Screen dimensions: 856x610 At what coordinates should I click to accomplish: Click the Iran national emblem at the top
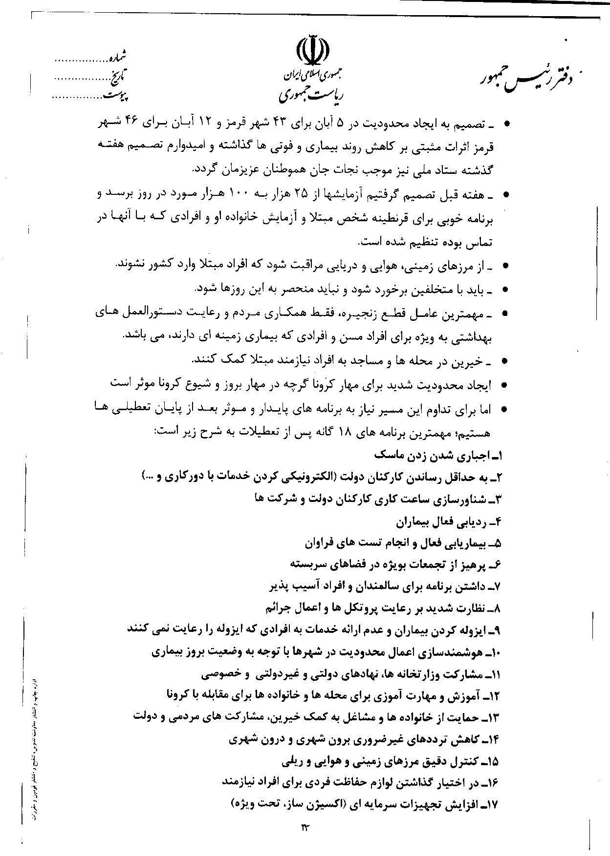313,50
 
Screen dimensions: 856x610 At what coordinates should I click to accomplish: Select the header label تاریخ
118,77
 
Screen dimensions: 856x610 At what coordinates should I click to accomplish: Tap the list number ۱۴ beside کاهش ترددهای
492,739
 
